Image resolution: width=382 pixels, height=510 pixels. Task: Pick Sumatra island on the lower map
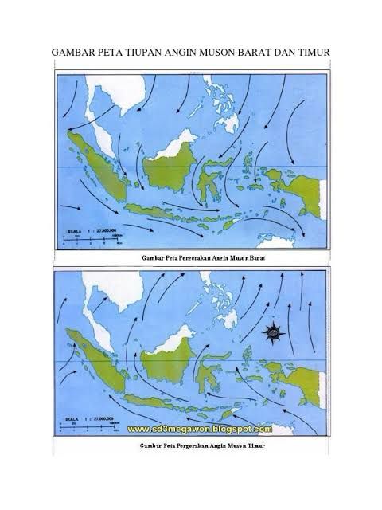coord(99,359)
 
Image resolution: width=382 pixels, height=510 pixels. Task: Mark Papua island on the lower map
coord(306,374)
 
